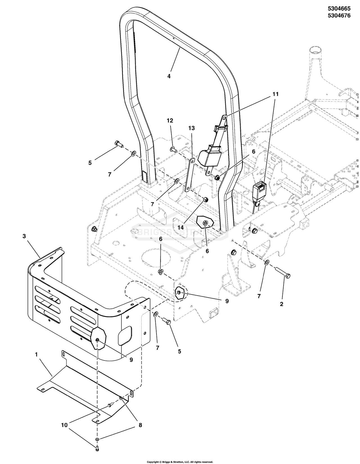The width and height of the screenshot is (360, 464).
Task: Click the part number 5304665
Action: click(339, 8)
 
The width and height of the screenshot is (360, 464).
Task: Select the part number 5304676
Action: click(339, 15)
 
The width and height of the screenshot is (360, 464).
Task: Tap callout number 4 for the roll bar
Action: click(169, 76)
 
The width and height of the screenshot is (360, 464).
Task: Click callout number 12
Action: click(170, 121)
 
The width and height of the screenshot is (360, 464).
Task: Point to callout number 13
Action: click(191, 128)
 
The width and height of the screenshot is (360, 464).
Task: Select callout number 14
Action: click(180, 227)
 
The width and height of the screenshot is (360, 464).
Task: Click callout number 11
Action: click(275, 94)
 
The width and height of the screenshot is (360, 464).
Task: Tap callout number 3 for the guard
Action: click(24, 236)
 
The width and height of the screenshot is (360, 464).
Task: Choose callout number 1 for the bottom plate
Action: click(36, 355)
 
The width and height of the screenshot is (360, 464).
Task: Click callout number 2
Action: click(282, 304)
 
